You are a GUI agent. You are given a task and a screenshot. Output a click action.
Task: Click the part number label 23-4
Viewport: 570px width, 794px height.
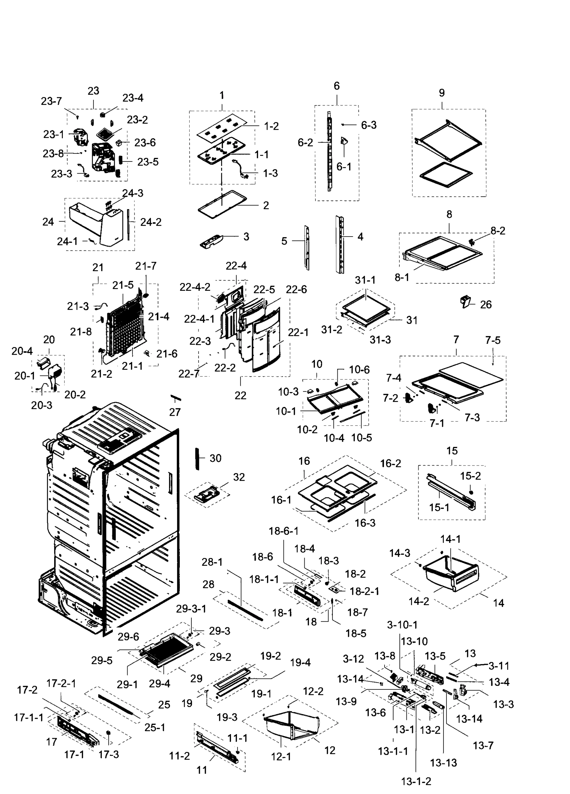(133, 98)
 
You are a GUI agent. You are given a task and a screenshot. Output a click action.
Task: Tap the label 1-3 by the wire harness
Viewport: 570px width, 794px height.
(270, 173)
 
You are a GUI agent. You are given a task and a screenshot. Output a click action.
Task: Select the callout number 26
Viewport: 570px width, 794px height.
(485, 305)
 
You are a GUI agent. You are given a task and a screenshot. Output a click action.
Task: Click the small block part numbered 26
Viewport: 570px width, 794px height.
(466, 301)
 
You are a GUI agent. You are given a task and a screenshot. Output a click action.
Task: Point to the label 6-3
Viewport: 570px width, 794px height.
(368, 125)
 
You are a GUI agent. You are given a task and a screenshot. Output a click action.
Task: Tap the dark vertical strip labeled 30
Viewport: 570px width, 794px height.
(197, 458)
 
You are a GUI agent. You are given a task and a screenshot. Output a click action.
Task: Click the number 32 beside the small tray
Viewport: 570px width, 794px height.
(239, 477)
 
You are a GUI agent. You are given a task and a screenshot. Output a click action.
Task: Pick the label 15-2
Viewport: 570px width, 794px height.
(470, 476)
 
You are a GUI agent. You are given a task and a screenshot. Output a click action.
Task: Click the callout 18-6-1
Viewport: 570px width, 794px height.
(283, 531)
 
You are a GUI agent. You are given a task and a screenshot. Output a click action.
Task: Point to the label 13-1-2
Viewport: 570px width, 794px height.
(416, 781)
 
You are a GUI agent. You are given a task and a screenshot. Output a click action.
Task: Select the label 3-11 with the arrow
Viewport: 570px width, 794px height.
(498, 666)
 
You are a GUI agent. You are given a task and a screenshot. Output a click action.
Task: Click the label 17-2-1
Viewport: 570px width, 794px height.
(61, 683)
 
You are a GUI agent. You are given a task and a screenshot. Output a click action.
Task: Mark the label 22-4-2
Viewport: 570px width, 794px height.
(195, 287)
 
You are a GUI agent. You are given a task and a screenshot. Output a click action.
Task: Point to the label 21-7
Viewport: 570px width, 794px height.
(145, 266)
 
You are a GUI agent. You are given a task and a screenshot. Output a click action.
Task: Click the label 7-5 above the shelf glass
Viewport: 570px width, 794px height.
(492, 340)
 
